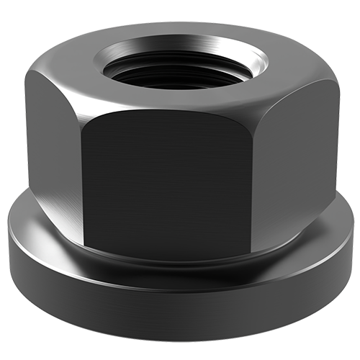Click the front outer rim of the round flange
pyautogui.click(x=180, y=302)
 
